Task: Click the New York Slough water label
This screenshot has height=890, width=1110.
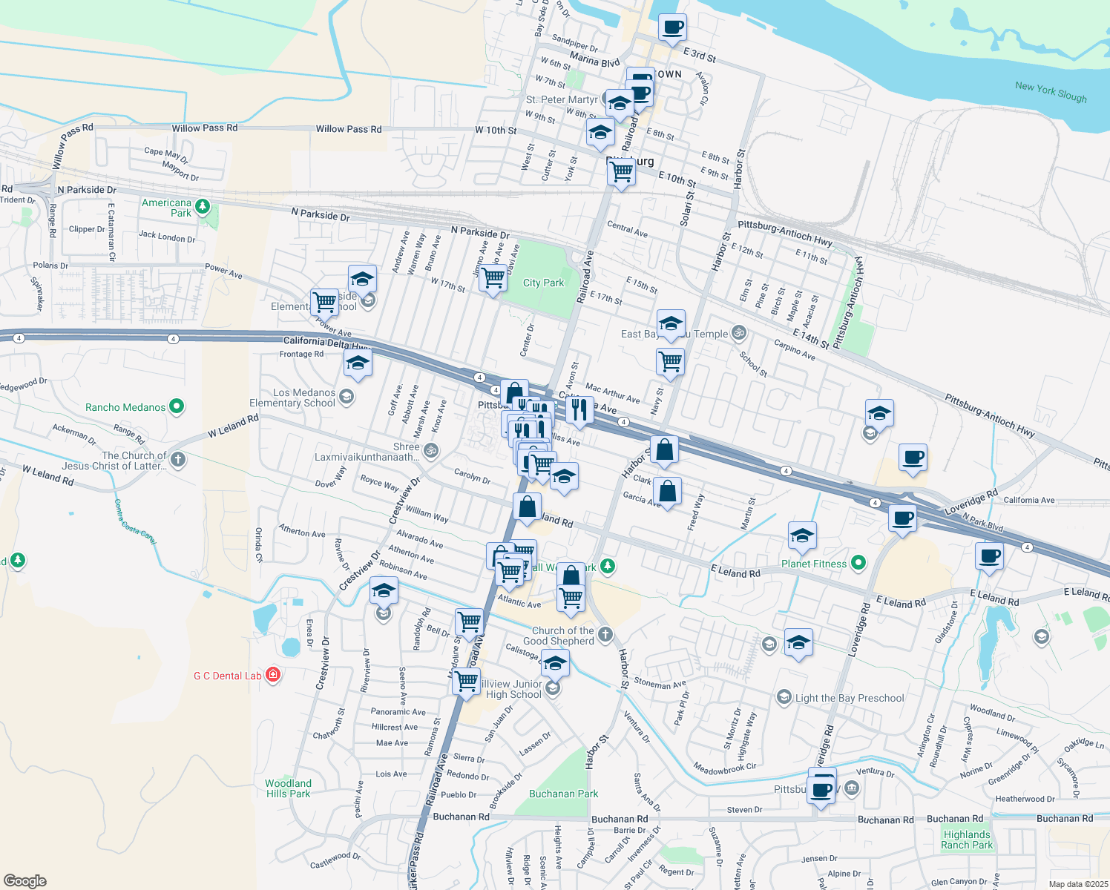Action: (1050, 92)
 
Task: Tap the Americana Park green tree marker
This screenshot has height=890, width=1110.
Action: (203, 206)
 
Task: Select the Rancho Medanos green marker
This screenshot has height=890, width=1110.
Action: (177, 406)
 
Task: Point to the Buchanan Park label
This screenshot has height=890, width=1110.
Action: (563, 794)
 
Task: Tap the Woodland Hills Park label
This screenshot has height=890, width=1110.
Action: (288, 788)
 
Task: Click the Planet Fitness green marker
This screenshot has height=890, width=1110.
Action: (858, 563)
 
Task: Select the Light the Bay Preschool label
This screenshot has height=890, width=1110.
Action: (850, 698)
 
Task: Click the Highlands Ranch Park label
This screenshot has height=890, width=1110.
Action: (966, 840)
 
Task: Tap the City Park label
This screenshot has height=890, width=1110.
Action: (543, 283)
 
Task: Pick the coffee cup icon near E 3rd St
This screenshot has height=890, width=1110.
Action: (672, 28)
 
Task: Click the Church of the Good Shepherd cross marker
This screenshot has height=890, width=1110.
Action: (605, 634)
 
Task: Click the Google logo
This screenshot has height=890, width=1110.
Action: (24, 880)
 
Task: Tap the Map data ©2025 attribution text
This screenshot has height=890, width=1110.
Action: (1078, 884)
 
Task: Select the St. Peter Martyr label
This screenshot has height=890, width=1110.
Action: (561, 99)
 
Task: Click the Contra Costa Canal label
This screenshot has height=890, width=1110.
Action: (134, 522)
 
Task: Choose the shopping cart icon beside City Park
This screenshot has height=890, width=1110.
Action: (493, 279)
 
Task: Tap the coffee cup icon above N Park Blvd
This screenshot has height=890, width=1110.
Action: (902, 517)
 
